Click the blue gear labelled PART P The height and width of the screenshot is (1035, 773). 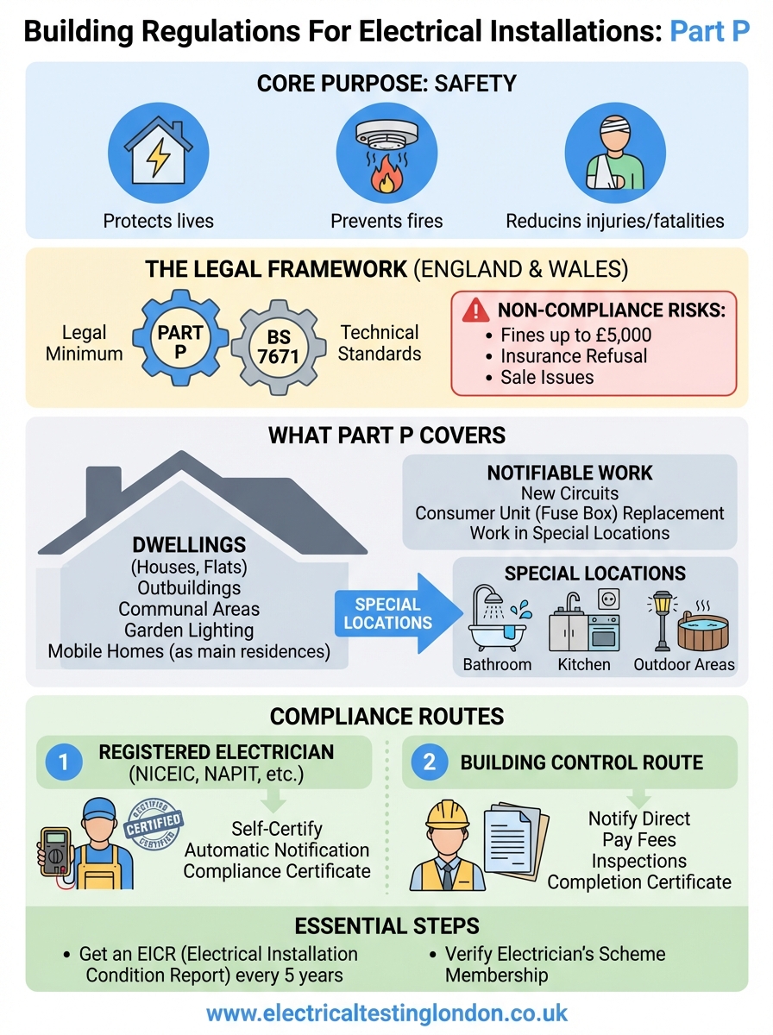[180, 342]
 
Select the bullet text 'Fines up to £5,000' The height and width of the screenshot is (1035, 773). [575, 336]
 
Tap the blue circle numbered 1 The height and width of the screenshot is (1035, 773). [65, 762]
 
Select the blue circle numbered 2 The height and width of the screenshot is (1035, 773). [430, 762]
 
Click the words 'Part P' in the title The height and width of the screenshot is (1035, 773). [709, 32]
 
